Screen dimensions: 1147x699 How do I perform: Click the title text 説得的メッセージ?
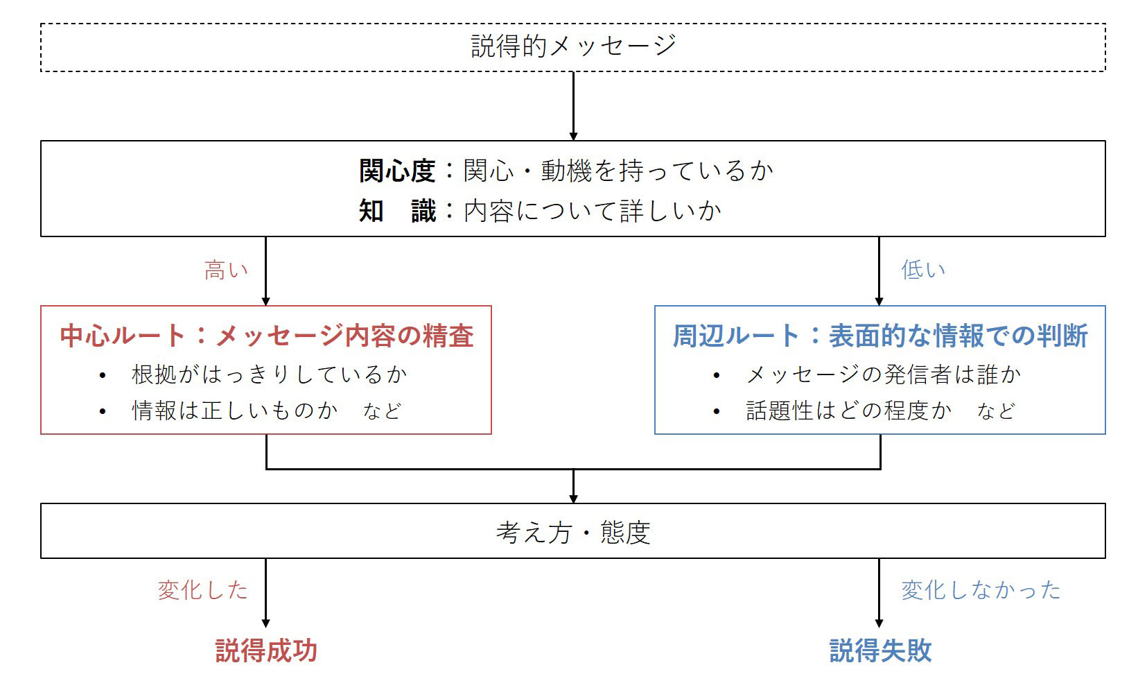[x=574, y=46]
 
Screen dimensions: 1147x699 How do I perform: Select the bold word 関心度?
[x=397, y=171]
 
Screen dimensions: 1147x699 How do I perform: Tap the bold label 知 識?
[x=397, y=211]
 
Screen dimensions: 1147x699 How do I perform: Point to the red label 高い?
[x=226, y=270]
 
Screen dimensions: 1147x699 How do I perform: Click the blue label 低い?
[x=922, y=270]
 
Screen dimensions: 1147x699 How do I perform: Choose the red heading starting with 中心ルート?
[x=266, y=336]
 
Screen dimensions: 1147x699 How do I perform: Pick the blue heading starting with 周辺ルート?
[x=879, y=336]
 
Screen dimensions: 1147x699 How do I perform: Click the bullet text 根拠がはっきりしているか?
[x=270, y=374]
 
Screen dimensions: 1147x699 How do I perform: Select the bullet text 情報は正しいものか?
[x=235, y=411]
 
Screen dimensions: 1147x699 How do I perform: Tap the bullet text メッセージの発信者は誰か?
[x=883, y=374]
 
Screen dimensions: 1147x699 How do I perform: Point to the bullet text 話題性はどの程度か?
[x=849, y=411]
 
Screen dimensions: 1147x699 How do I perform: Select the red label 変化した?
[x=203, y=590]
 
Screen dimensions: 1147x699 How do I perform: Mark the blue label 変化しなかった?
[x=981, y=590]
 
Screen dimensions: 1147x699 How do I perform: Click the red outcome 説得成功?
[x=266, y=651]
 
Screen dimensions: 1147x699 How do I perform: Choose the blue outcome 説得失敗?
[x=880, y=651]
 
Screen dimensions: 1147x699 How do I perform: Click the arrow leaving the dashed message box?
[x=574, y=106]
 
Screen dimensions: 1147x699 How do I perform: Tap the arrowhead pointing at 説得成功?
[x=265, y=623]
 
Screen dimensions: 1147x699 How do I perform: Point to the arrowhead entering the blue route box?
[x=879, y=302]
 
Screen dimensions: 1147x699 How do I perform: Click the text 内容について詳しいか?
[x=593, y=211]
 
